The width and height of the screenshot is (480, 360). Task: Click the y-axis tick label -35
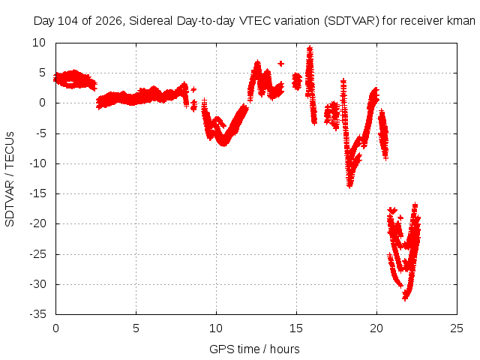coord(37,314)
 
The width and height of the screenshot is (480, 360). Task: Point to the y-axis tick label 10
coord(39,43)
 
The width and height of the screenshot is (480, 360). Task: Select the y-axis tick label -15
coord(37,193)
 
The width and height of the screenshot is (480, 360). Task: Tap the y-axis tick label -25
coord(37,254)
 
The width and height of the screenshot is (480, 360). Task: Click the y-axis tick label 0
coord(42,103)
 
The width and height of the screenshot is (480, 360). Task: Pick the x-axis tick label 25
coord(457,328)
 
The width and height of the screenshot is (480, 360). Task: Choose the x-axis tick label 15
coord(296,328)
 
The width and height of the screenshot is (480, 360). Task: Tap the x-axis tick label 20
coord(376,328)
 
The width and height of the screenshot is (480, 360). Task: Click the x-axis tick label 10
coord(216,328)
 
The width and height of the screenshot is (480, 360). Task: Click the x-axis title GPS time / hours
coord(254,349)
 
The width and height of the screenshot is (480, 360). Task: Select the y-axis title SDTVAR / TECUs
coord(10,179)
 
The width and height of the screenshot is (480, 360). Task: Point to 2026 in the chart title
coord(109,21)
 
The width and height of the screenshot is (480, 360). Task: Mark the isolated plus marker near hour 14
coord(280,64)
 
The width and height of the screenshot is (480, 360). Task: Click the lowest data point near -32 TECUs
coord(405,298)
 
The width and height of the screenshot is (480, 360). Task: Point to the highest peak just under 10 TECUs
coord(310,49)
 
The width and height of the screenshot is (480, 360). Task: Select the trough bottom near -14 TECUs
coord(350,185)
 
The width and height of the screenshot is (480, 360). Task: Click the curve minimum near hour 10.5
coord(224,143)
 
